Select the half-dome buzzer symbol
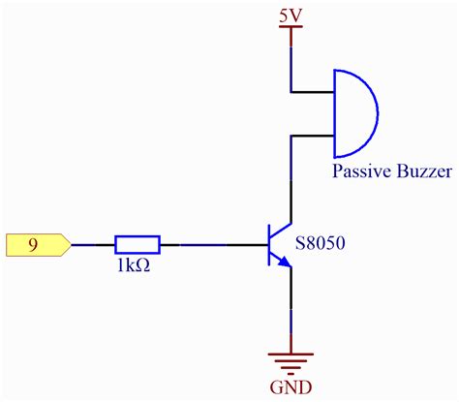(354, 112)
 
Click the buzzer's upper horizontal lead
(312, 92)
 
